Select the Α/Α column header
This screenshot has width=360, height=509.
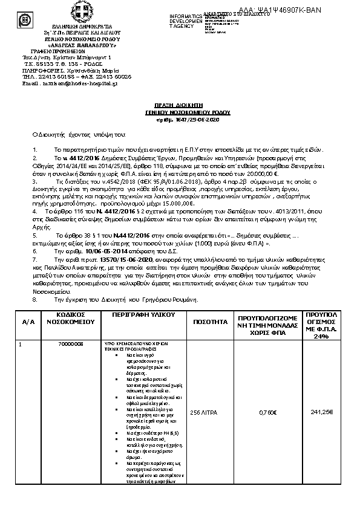click(x=28, y=323)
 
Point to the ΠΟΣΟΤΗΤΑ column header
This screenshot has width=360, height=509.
click(x=210, y=323)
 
